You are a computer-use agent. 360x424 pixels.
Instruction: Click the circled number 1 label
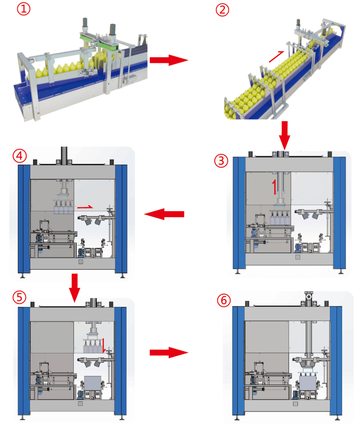click(x=23, y=9)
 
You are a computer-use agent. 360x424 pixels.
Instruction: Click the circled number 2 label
click(x=222, y=10)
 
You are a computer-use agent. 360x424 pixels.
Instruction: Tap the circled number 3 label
click(x=221, y=160)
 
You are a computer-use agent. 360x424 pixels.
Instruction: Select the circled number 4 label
click(x=19, y=156)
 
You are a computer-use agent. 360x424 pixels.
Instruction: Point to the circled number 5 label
click(x=19, y=297)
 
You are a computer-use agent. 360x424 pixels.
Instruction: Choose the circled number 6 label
click(x=224, y=300)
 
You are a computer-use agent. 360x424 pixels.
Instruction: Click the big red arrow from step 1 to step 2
click(x=168, y=60)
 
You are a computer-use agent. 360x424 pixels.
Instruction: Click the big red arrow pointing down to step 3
click(x=284, y=135)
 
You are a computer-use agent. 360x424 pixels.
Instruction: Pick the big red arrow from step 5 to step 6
click(x=168, y=352)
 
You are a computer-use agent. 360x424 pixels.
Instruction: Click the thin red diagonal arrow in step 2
click(x=276, y=56)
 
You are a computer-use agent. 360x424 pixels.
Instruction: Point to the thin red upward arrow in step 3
click(x=274, y=186)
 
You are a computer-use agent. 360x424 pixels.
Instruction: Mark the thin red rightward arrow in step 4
click(x=85, y=207)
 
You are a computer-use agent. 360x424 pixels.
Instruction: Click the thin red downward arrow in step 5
click(x=104, y=346)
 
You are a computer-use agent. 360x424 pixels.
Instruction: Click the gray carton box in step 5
click(x=93, y=383)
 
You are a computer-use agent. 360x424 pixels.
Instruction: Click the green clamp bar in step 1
click(x=99, y=42)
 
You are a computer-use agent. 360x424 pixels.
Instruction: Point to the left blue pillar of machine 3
click(x=239, y=213)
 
